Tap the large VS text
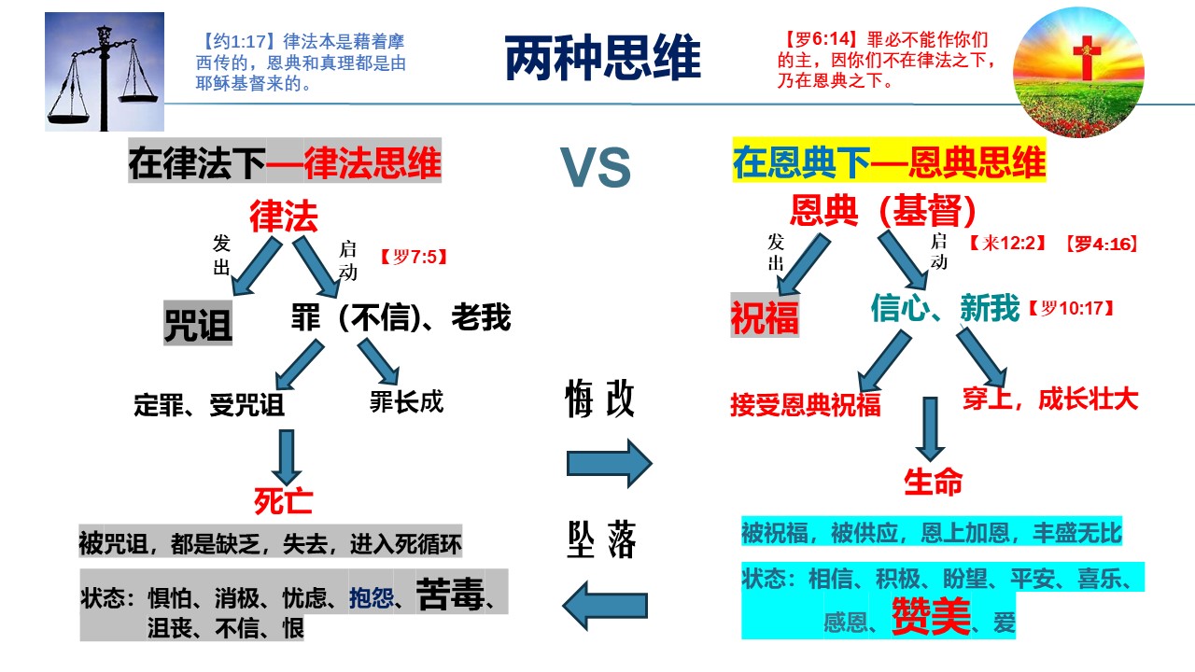tap(596, 168)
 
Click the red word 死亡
tap(284, 501)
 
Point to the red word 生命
tap(933, 482)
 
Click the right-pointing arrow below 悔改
tap(609, 463)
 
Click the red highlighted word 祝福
tap(765, 317)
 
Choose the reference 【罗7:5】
tap(414, 255)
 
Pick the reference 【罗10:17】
tap(1070, 308)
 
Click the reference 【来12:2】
tap(1007, 245)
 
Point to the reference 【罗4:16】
tap(1102, 245)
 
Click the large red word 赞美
tap(931, 616)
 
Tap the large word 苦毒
tap(450, 594)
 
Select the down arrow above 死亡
tap(287, 455)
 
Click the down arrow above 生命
tap(930, 427)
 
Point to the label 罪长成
tap(406, 402)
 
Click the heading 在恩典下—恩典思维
tap(889, 163)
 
